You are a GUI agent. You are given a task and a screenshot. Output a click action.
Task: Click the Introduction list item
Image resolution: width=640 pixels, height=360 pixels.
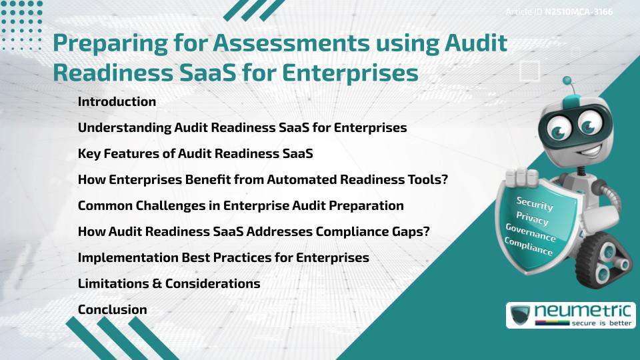click(x=117, y=102)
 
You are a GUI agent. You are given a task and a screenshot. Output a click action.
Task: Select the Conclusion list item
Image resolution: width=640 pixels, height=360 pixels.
click(x=112, y=309)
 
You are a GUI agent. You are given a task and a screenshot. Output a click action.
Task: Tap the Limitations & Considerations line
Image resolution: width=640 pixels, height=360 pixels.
click(x=169, y=283)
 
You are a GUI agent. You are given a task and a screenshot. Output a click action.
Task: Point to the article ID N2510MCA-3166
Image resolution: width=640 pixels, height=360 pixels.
click(x=578, y=12)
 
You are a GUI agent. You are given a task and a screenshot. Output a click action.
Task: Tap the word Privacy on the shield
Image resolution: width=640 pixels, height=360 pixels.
click(x=532, y=218)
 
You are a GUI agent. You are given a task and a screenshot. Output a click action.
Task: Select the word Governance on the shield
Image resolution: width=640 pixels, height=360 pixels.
click(x=531, y=233)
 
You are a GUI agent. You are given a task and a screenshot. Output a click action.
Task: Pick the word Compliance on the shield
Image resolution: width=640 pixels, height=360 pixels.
click(x=529, y=247)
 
